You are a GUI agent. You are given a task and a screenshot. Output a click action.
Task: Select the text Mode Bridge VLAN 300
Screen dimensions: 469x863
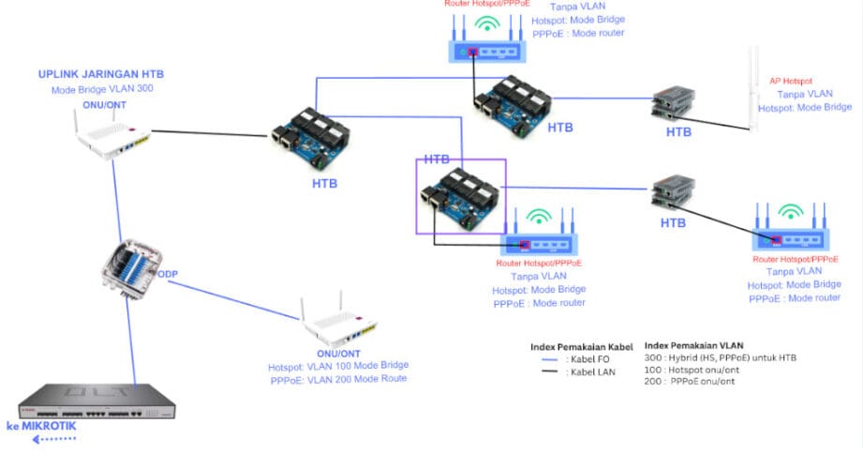pyautogui.click(x=102, y=90)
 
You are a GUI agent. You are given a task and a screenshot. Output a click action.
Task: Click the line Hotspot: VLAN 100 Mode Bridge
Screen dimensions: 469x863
pyautogui.click(x=336, y=367)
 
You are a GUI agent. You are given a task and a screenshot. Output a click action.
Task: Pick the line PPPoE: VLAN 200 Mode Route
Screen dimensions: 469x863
pyautogui.click(x=337, y=380)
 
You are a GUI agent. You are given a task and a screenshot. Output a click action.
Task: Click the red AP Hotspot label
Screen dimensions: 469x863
pyautogui.click(x=790, y=81)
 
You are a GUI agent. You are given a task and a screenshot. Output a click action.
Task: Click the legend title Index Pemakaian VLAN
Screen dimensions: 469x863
pyautogui.click(x=694, y=344)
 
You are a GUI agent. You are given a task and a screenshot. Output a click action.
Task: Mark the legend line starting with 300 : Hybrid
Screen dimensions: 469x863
pyautogui.click(x=721, y=357)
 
